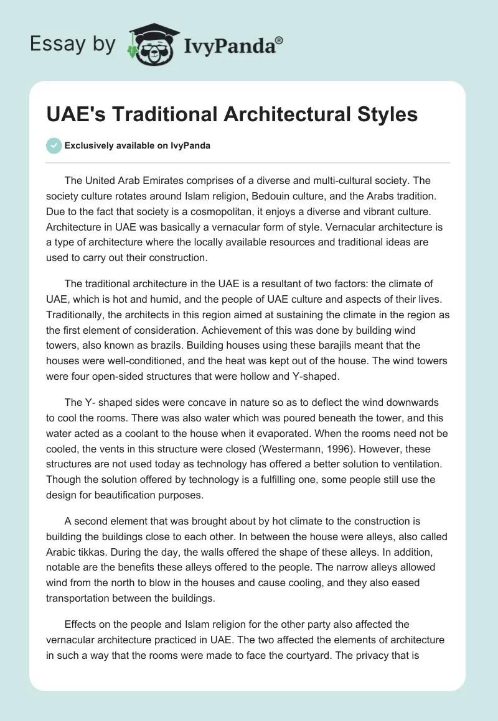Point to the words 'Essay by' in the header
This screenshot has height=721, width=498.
tap(73, 44)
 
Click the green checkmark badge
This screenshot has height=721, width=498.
tap(54, 146)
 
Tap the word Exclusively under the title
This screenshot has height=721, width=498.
tap(90, 146)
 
